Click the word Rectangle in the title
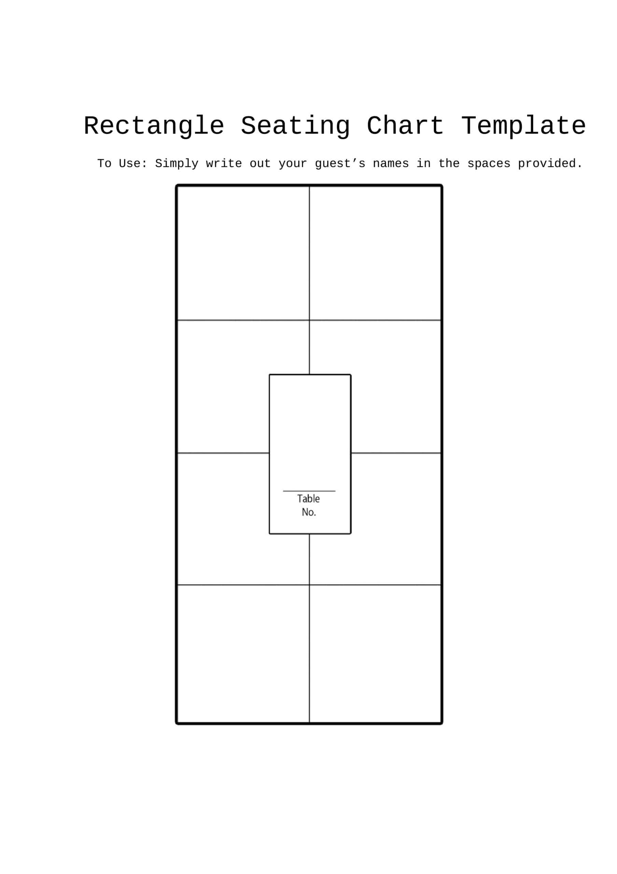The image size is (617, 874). click(154, 126)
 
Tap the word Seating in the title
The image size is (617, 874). click(295, 126)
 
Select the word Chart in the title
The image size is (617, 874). click(405, 126)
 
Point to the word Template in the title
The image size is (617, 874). click(524, 126)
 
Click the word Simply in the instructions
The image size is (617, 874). click(177, 164)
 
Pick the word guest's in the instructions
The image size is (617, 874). click(340, 164)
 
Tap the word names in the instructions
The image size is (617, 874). click(391, 164)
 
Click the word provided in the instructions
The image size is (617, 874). click(550, 164)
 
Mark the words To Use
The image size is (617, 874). click(122, 163)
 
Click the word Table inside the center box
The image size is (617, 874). click(308, 499)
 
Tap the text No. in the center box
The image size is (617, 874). click(309, 512)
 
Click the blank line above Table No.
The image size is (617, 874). click(309, 491)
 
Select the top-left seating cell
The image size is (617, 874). click(243, 253)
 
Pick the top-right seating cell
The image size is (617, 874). click(375, 253)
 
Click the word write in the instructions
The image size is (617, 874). click(224, 164)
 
